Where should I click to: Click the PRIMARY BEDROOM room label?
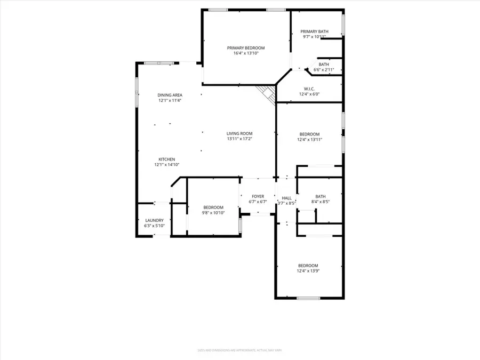point(245,48)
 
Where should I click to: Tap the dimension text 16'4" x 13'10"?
point(245,53)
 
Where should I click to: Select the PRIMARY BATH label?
point(314,31)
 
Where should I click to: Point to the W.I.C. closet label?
point(309,89)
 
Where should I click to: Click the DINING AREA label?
point(170,95)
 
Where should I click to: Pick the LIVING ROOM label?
point(239,133)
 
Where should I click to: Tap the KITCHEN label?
point(166,159)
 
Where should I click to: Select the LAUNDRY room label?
point(154,220)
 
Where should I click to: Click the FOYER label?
point(258,197)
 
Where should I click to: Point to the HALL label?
point(286,197)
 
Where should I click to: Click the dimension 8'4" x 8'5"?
point(320,202)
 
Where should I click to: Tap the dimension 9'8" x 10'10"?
point(213,213)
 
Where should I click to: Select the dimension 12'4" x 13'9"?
point(308,271)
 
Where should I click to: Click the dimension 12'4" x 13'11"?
point(309,139)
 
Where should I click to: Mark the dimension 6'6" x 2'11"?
point(323,69)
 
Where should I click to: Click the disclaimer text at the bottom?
point(240,350)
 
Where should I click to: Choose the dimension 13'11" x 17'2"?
point(239,139)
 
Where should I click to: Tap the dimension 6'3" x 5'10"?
point(154,226)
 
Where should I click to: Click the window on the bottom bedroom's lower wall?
point(308,298)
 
